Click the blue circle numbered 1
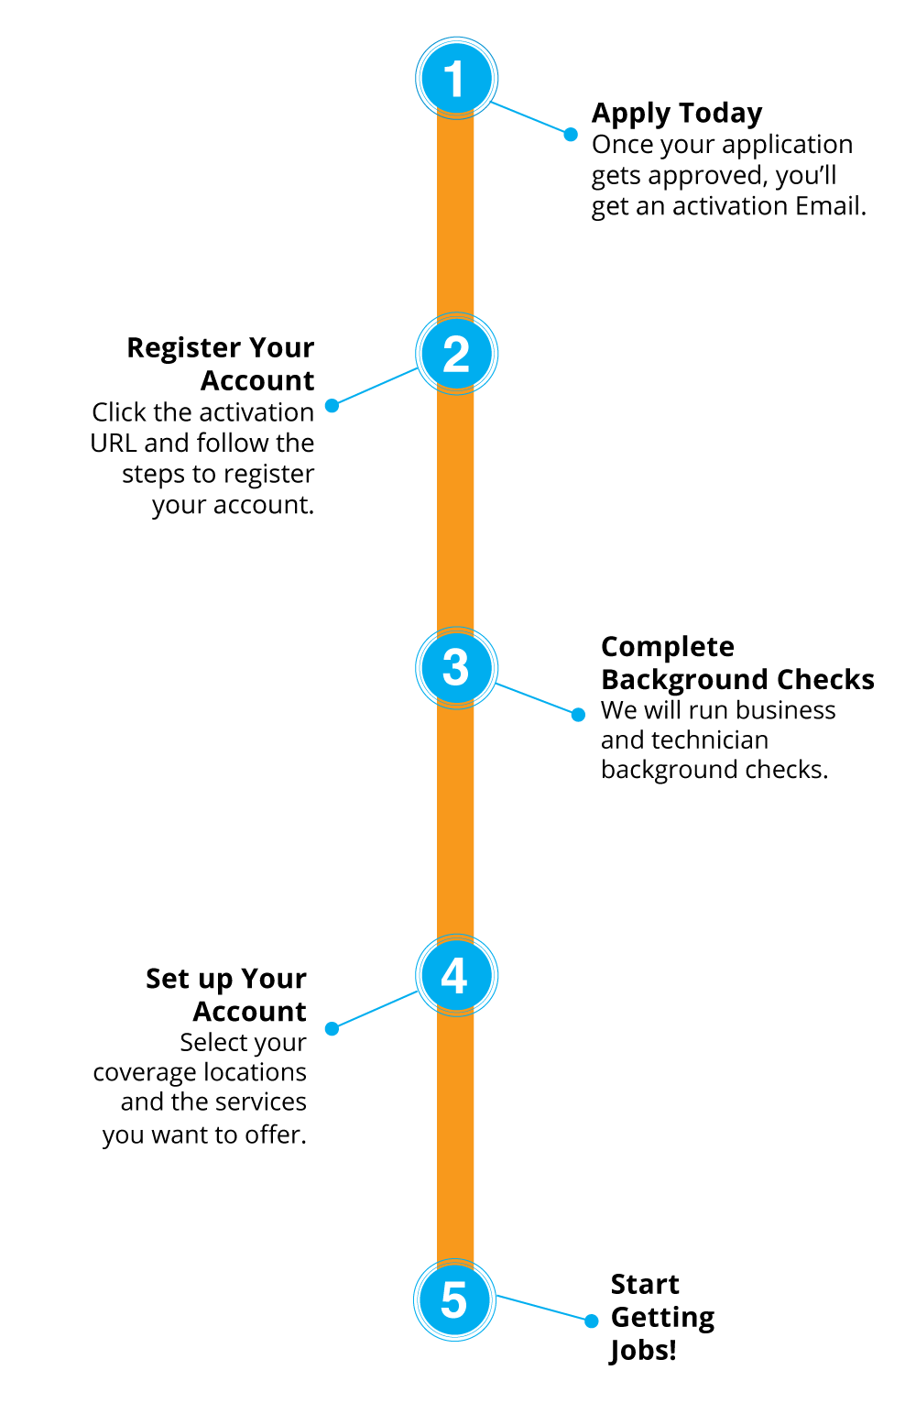(x=456, y=79)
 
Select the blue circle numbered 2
(x=456, y=354)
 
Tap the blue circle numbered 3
(x=456, y=667)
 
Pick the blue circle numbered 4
(x=456, y=975)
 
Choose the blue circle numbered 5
(x=454, y=1299)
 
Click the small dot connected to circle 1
(x=571, y=135)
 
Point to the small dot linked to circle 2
(x=332, y=405)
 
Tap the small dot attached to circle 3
(x=578, y=715)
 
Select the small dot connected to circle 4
(x=332, y=1029)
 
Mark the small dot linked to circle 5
(x=592, y=1321)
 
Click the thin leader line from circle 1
(x=531, y=118)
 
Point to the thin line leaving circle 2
(x=376, y=387)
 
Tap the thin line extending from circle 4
(x=376, y=1010)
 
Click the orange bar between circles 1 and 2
(x=456, y=215)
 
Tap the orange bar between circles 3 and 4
(x=456, y=821)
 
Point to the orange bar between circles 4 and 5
(x=456, y=1137)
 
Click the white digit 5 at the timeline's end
(x=454, y=1299)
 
